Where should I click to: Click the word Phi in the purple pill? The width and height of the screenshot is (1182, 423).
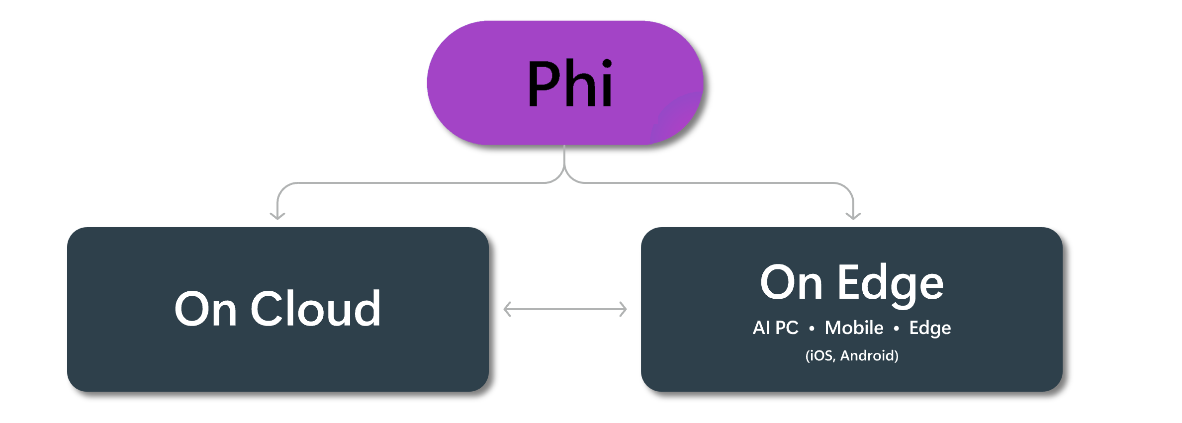point(570,83)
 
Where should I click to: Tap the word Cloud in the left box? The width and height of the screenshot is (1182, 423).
point(316,309)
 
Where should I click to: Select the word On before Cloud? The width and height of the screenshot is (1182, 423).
point(205,309)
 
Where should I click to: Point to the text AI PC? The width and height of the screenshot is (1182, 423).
point(775,328)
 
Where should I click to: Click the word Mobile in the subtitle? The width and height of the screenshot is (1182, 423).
point(854,328)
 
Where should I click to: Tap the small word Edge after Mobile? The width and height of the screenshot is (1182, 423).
point(930,328)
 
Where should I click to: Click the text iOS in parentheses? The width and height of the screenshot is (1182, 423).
point(821,355)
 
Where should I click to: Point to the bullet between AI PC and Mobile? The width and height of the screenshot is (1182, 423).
point(812,329)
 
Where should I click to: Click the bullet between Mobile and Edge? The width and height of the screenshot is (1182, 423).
point(896,329)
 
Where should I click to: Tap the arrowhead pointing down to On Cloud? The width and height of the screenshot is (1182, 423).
point(277,216)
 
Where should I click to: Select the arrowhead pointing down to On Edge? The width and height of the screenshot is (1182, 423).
point(853,216)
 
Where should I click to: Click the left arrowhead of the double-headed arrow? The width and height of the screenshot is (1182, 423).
point(507,309)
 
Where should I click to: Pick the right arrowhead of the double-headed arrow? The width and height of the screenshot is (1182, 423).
point(623,309)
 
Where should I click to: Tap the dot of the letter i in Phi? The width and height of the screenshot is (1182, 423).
point(607,64)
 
